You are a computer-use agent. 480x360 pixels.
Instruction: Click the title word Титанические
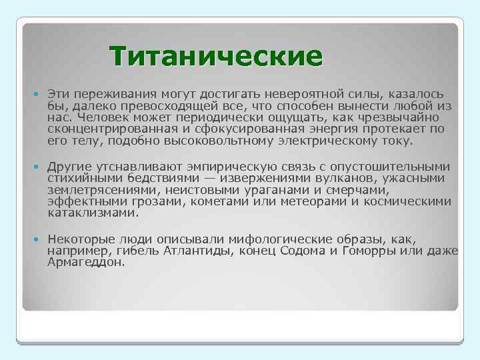pos(216,56)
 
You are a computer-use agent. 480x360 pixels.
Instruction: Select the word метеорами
pos(314,202)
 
